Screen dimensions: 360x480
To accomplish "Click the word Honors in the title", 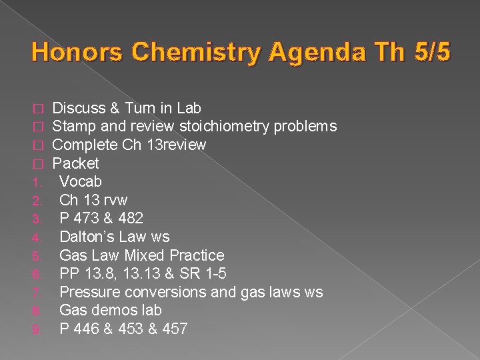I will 71,52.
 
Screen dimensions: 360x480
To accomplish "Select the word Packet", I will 75,163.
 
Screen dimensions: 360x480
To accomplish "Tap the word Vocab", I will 81,181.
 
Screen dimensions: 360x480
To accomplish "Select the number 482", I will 129,219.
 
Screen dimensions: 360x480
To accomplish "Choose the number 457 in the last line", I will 174,329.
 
